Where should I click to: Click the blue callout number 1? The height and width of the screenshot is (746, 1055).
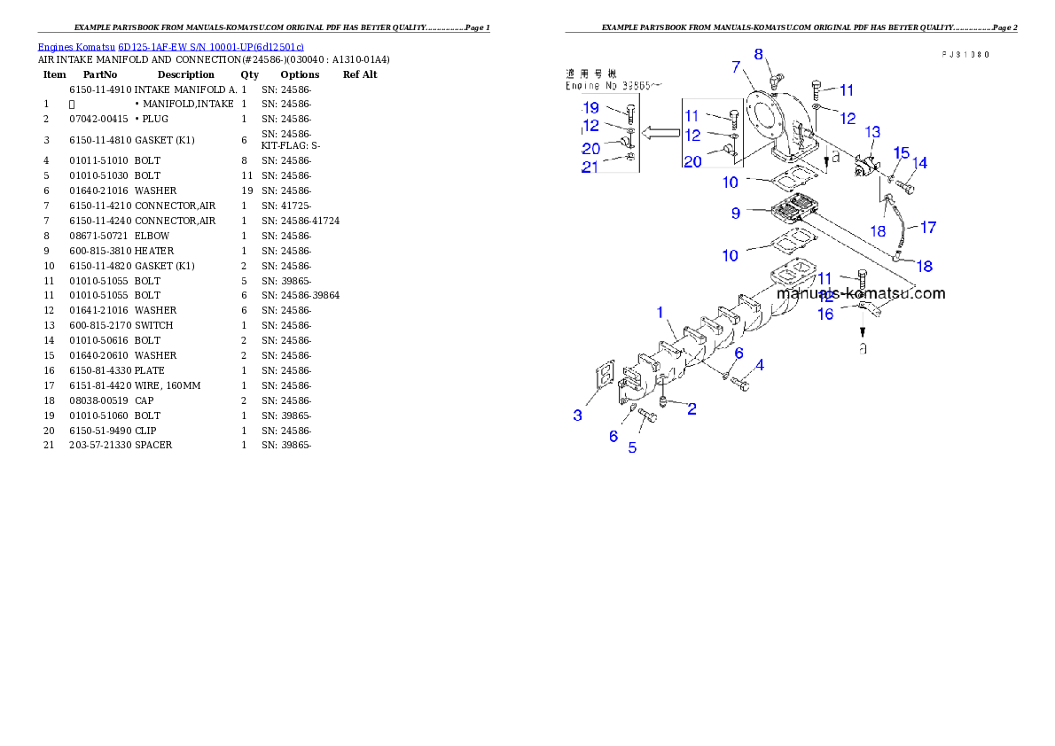point(660,313)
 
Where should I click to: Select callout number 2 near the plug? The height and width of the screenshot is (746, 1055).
point(692,408)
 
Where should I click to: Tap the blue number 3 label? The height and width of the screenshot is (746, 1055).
point(578,415)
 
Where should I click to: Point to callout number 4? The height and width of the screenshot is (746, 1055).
point(759,364)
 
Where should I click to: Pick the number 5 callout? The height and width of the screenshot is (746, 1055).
point(632,447)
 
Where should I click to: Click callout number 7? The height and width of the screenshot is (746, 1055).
point(736,66)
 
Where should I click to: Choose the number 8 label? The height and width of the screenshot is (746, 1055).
point(759,54)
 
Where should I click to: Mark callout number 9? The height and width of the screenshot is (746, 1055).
point(736,213)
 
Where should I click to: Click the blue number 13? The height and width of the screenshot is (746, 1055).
point(872,132)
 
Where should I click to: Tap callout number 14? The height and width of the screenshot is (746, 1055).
point(920,163)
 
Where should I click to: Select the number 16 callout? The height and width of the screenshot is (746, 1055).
point(825,314)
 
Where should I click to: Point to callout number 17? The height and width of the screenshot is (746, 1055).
point(927,228)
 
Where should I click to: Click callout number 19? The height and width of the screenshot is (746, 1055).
point(591,107)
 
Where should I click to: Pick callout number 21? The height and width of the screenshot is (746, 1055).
point(590,167)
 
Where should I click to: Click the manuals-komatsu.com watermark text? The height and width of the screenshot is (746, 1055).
point(860,293)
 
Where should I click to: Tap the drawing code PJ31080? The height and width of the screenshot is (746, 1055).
point(965,54)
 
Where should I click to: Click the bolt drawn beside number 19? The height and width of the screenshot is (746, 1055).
point(630,113)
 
